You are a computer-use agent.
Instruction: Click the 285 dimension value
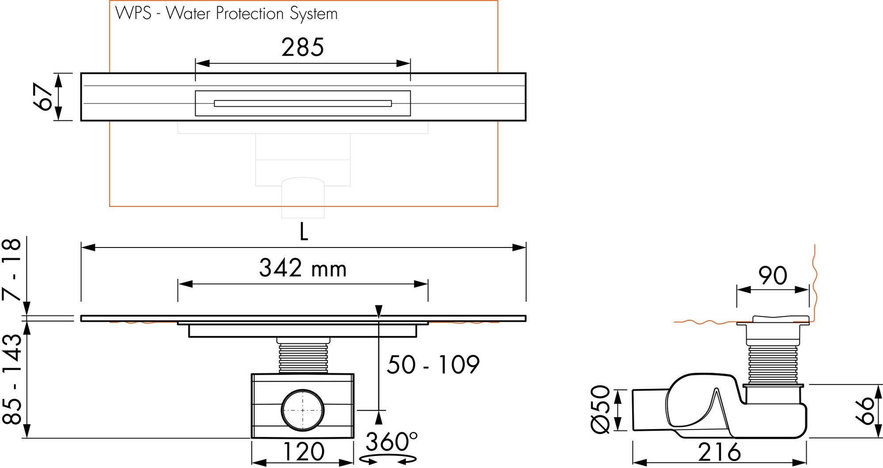click(303, 47)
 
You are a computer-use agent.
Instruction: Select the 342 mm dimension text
click(303, 268)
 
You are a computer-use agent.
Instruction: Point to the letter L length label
click(303, 232)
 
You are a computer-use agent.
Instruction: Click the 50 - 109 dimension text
click(433, 365)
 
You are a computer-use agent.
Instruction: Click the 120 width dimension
click(303, 452)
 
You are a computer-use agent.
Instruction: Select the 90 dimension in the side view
click(773, 276)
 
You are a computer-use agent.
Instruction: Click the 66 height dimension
click(867, 411)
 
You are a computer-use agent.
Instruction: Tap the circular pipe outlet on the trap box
click(303, 410)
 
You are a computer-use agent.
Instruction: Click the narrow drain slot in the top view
click(303, 103)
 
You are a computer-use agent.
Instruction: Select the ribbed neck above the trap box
click(303, 358)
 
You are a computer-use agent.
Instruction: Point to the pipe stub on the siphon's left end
click(648, 410)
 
